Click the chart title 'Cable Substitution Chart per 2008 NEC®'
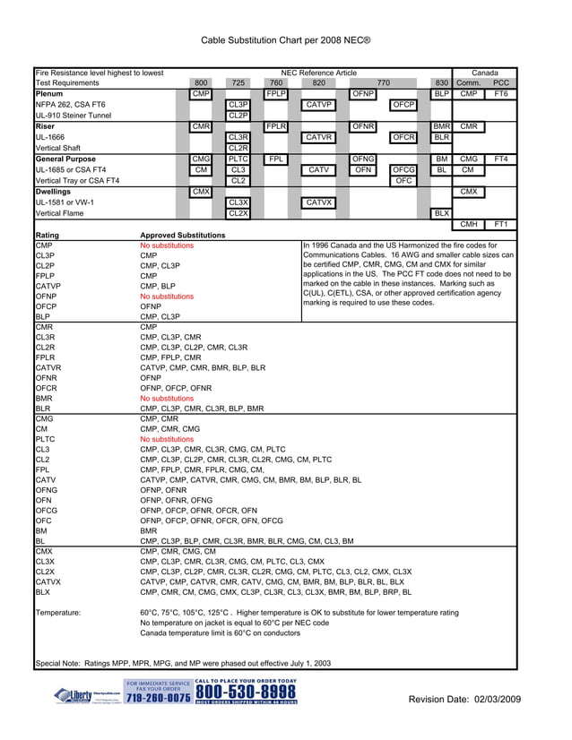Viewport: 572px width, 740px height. click(285, 40)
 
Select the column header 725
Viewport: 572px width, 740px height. click(238, 82)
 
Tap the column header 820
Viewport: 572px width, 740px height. click(319, 82)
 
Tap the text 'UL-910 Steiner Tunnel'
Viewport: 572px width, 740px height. click(74, 116)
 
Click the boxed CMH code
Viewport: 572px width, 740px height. click(468, 224)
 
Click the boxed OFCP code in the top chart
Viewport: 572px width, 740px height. click(403, 105)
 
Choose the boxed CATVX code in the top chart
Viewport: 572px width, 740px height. click(319, 202)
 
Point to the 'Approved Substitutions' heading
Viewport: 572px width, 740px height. click(183, 236)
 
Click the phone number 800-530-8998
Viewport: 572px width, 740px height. click(245, 693)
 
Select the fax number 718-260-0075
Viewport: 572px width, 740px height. click(158, 698)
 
